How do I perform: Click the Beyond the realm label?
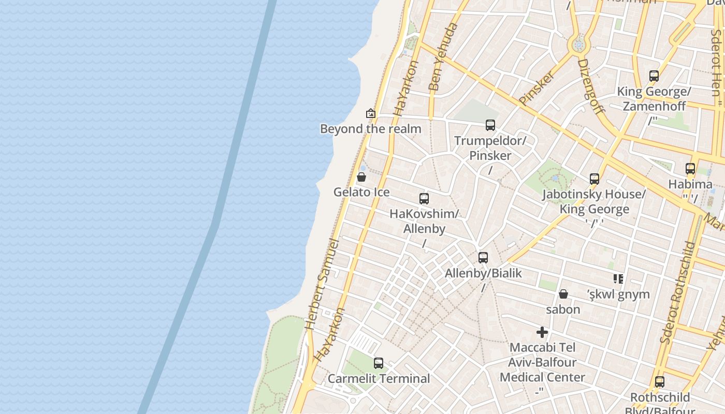[370, 129]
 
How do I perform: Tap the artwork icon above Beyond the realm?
[371, 113]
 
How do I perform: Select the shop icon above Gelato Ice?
[361, 178]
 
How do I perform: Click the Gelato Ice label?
[361, 192]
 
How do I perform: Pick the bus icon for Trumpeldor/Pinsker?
[490, 125]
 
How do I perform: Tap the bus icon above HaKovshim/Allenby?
[424, 199]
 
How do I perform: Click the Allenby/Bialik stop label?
[483, 273]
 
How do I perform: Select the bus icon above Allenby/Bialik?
[483, 258]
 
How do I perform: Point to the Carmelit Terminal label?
[379, 379]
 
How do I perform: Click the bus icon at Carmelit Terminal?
[379, 363]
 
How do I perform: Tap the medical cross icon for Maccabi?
[542, 332]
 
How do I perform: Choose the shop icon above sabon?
[563, 294]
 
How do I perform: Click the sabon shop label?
[563, 309]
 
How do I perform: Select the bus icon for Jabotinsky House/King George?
[594, 179]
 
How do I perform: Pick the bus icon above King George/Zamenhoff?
[654, 76]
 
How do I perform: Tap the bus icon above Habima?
[690, 169]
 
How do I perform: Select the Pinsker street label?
[536, 88]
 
